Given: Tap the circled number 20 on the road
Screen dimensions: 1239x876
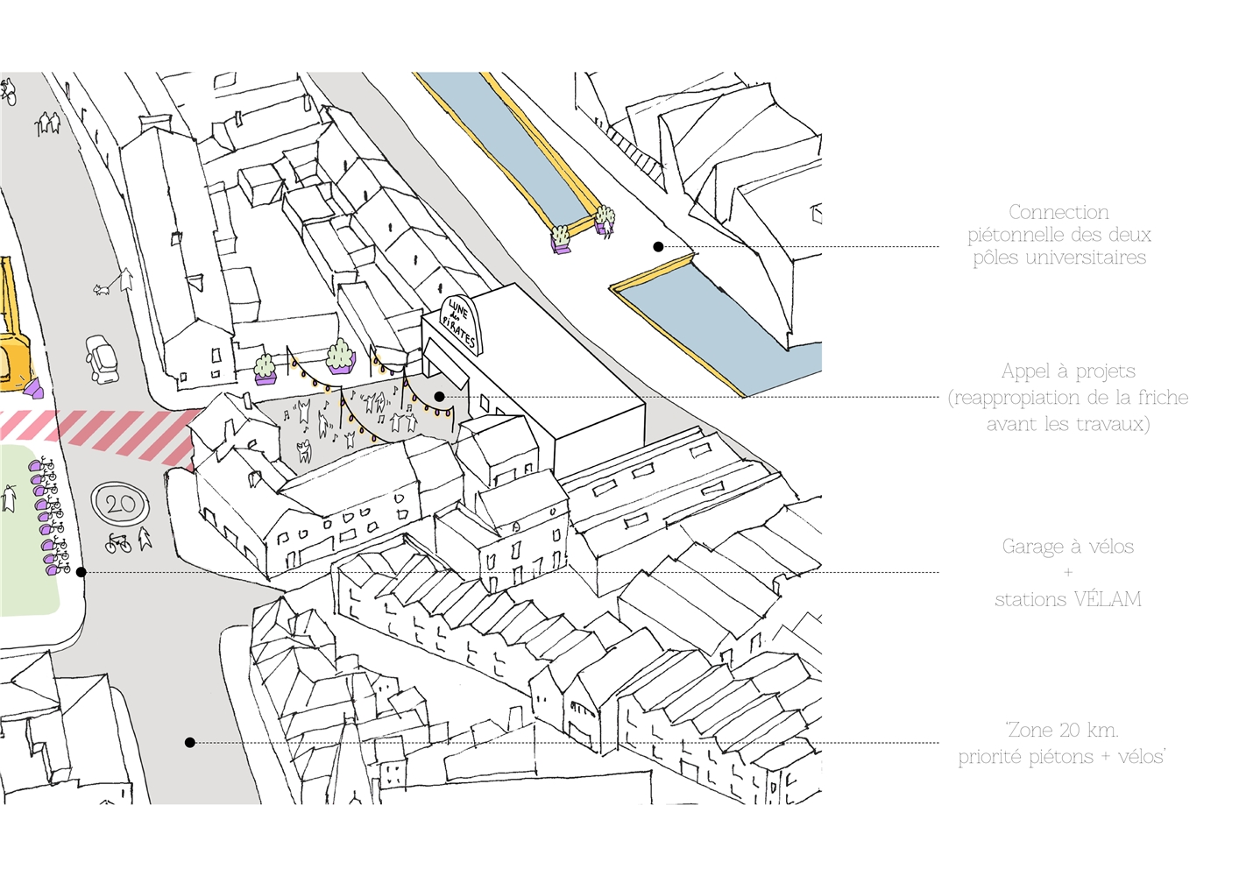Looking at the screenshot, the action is point(121,504).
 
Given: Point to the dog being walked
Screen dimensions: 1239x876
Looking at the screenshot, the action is point(101,289).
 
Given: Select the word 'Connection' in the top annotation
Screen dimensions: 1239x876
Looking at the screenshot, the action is point(1058,212).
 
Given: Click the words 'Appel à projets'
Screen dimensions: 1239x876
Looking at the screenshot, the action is point(1068,371).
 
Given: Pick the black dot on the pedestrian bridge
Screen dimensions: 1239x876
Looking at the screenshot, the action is point(658,247).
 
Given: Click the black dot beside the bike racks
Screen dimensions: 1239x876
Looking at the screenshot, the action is point(81,572).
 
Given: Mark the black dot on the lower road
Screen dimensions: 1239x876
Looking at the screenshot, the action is point(190,742).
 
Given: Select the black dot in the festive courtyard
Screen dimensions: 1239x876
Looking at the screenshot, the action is point(439,397).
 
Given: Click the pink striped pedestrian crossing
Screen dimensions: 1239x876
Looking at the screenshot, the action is point(100,434).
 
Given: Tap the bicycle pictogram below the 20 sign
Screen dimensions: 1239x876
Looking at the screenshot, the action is point(118,544).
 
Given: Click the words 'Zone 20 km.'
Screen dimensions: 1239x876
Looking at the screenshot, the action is point(1062,730).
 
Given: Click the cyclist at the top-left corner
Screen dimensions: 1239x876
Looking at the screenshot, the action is point(8,92).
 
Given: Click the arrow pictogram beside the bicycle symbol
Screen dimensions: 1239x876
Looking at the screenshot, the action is point(145,539).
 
